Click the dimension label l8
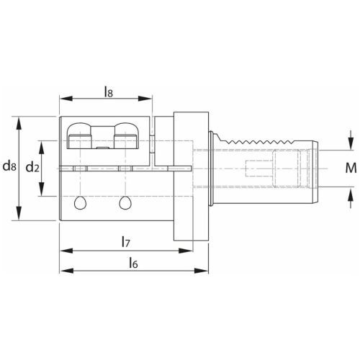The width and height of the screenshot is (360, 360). tap(108, 91)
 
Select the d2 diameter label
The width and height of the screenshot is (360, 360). tap(32, 167)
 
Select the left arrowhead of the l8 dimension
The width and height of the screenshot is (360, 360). tap(62, 100)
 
